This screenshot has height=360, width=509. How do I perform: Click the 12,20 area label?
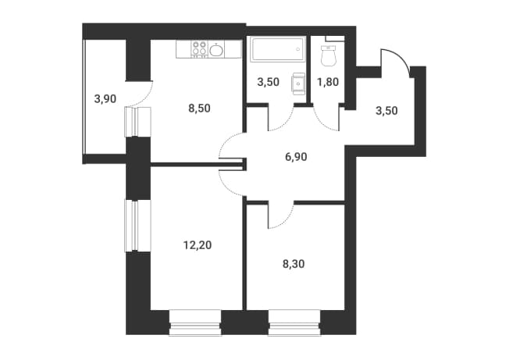(x=198, y=244)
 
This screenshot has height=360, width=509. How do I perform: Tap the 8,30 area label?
(x=294, y=264)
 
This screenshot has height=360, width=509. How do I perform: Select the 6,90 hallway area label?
(x=296, y=157)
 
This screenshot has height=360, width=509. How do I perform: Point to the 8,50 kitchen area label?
(x=199, y=108)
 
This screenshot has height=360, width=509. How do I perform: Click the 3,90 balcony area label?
(x=105, y=98)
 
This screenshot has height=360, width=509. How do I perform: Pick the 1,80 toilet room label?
(x=328, y=82)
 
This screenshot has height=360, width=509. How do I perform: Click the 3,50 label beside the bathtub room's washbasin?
(x=268, y=82)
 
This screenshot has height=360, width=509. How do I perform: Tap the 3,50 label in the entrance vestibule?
(x=386, y=111)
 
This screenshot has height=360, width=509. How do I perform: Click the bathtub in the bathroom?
(x=278, y=49)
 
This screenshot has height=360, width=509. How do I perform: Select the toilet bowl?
(x=328, y=56)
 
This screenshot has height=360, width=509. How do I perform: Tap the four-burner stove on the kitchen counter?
(x=199, y=49)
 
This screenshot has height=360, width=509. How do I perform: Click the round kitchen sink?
(x=216, y=50)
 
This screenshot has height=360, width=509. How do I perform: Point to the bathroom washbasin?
(x=298, y=84)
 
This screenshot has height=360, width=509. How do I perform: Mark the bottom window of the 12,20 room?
(x=195, y=323)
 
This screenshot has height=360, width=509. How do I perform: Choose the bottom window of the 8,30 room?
(x=294, y=323)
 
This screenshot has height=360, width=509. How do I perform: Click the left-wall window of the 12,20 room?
(x=138, y=226)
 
